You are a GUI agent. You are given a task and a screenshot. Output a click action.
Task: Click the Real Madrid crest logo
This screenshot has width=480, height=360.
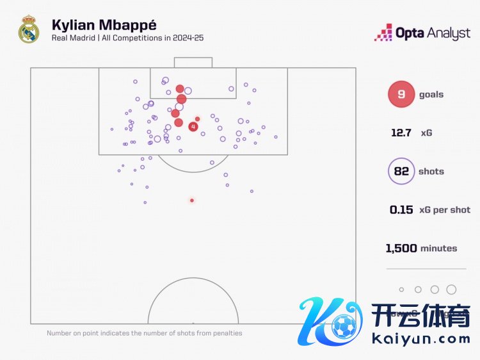[x=29, y=30]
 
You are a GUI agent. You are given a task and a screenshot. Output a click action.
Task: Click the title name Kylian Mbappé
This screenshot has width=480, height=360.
[x=104, y=25]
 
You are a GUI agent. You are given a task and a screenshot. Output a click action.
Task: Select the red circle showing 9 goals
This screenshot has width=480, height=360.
[x=401, y=95]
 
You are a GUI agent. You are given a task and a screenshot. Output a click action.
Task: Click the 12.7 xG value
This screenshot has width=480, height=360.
[x=403, y=133]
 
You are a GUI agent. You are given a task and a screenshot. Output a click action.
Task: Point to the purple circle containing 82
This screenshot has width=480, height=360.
[x=401, y=172]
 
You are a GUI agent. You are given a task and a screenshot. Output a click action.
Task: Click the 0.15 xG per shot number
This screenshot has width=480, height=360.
[x=401, y=209]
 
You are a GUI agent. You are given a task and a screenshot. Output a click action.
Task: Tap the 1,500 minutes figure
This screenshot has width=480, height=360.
[x=401, y=248]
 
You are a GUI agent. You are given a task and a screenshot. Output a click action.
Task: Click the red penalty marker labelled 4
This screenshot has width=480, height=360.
[x=193, y=127]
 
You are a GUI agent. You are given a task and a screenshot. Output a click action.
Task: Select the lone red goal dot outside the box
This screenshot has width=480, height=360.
[x=191, y=200]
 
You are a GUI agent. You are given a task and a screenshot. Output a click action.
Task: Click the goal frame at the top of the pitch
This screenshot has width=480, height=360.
[x=193, y=62]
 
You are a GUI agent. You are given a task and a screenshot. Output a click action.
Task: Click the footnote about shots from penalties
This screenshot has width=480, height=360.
[x=144, y=333]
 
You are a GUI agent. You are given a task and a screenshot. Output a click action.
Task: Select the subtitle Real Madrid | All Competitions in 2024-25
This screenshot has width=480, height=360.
[x=128, y=38]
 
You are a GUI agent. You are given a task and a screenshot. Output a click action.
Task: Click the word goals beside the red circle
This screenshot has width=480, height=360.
[x=431, y=95]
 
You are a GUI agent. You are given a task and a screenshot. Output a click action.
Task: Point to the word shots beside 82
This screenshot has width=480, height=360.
[x=431, y=172]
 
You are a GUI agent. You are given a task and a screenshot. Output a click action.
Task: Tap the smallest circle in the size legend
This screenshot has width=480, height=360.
[x=402, y=290]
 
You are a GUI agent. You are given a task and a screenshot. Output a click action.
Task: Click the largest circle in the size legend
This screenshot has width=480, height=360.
[x=451, y=290]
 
